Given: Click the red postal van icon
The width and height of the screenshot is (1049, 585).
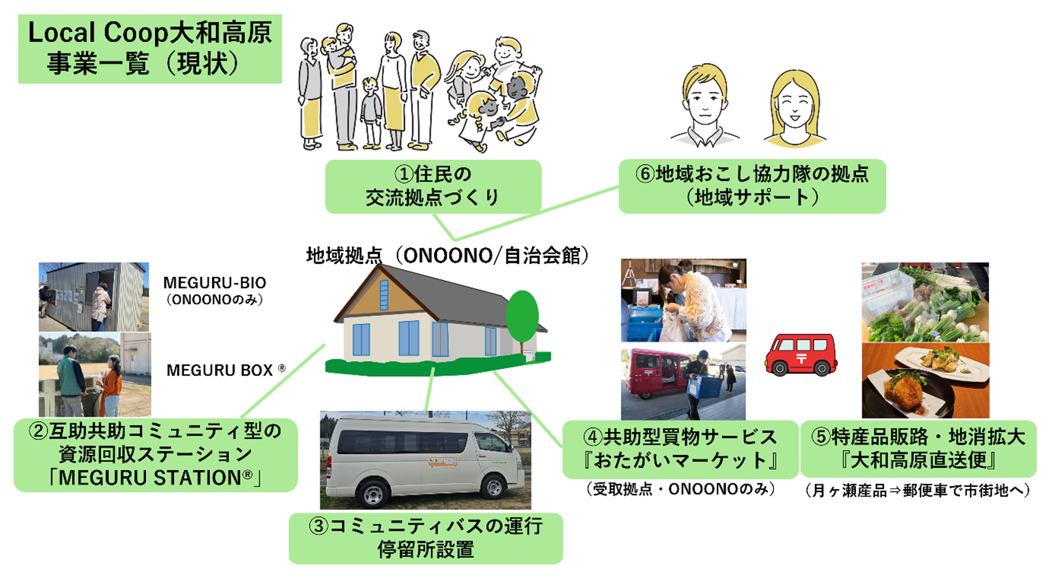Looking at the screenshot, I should click(x=801, y=355).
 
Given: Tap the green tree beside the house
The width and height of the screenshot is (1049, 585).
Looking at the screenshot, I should click(x=522, y=317).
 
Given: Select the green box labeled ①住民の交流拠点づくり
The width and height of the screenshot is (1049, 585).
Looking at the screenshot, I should click(x=433, y=186).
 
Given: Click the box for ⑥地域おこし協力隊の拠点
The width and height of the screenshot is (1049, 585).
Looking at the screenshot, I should click(x=752, y=186).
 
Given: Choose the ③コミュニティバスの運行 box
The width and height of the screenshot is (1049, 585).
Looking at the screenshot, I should click(x=426, y=538).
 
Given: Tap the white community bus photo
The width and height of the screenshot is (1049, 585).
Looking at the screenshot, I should click(x=425, y=460).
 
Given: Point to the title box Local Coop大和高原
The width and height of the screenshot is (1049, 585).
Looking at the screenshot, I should click(x=150, y=49).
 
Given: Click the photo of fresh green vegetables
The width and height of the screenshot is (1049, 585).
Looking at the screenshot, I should click(x=925, y=302).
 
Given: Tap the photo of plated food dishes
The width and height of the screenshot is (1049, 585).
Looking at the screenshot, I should click(x=925, y=380).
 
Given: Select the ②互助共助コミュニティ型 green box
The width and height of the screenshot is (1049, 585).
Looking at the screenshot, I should click(x=156, y=455).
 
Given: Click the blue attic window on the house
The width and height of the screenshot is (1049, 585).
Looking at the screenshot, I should click(x=384, y=295).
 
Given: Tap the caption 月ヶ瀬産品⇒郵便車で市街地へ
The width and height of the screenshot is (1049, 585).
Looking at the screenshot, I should click(x=918, y=491).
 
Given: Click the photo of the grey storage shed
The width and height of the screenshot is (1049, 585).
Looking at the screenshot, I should click(x=93, y=297).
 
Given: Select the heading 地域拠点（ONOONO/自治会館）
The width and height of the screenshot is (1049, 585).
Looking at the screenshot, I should click(x=447, y=256).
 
